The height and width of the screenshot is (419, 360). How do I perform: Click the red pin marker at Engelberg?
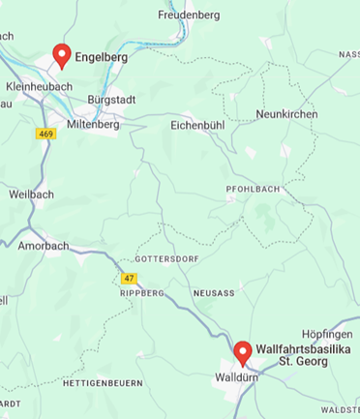coord(62,55)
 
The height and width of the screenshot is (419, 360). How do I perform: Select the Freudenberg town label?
coord(189,15)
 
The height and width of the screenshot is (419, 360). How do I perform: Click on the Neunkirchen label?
coord(286,114)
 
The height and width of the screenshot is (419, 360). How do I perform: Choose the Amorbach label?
coord(44,246)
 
